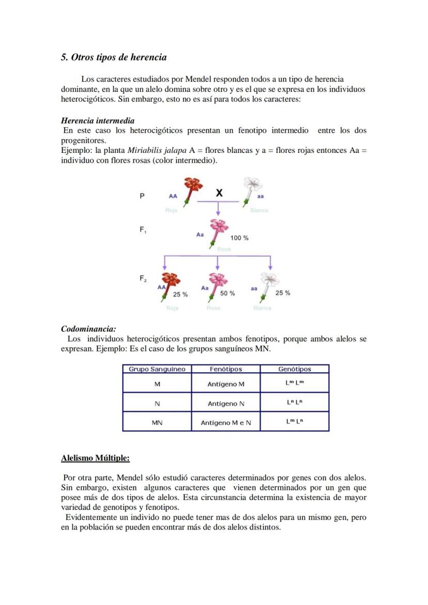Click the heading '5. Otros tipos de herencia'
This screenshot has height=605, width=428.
(114, 57)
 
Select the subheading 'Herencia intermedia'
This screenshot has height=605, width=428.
(98, 121)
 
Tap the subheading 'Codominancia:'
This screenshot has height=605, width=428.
(88, 329)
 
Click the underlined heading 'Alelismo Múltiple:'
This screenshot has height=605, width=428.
(95, 458)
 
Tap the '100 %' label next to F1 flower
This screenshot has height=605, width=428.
(239, 238)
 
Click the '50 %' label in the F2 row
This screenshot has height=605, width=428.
(227, 293)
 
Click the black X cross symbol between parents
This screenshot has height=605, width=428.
(219, 193)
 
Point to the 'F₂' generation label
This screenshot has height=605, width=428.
(143, 278)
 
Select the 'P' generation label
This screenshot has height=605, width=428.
(142, 196)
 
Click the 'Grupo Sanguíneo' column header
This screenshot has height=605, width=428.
(157, 369)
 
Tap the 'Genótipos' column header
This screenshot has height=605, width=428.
(294, 369)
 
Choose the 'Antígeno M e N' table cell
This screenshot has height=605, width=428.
(226, 423)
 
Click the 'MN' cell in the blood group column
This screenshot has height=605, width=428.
(157, 423)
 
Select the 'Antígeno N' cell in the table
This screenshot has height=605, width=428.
(226, 404)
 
